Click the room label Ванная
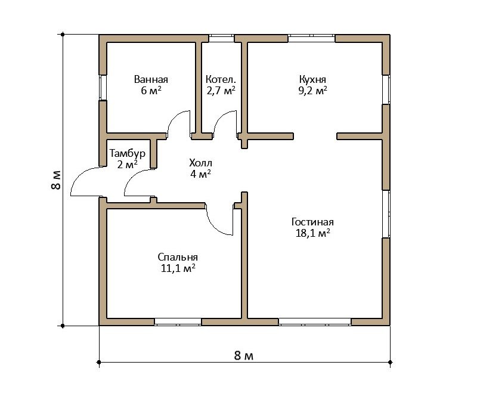151,80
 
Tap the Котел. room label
221,80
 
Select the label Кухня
312,80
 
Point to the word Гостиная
312,222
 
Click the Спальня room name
178,258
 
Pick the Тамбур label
128,153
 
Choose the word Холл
200,163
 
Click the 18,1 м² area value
312,233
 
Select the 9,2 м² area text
312,91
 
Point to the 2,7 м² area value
221,91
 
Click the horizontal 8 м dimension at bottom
243,355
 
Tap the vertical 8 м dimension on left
56,180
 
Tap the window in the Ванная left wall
103,88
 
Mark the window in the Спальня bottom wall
178,322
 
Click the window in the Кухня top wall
311,38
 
